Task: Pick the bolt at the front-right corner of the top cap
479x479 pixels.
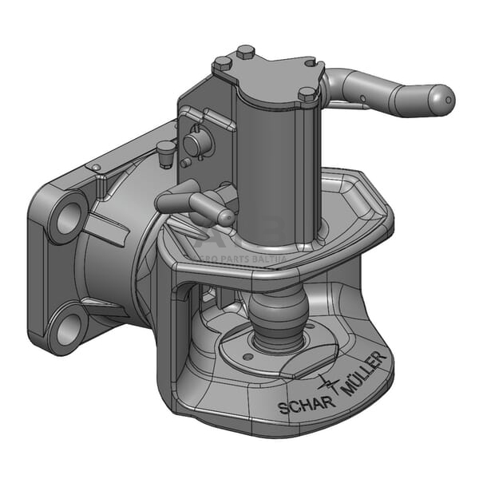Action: pyautogui.click(x=307, y=94)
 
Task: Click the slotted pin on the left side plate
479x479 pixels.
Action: pyautogui.click(x=195, y=144)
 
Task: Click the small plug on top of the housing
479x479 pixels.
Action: pyautogui.click(x=166, y=149)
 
